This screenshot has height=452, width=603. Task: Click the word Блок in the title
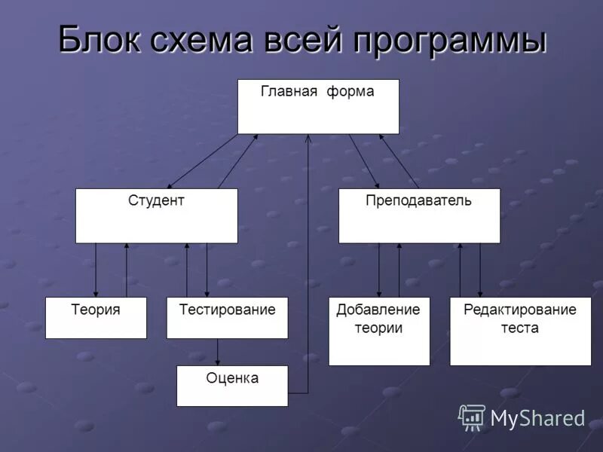click(x=103, y=40)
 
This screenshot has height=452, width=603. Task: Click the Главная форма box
click(x=318, y=106)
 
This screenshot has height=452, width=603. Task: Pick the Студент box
click(x=156, y=215)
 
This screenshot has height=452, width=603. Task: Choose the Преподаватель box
click(x=419, y=215)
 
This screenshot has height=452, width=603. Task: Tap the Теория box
click(x=96, y=317)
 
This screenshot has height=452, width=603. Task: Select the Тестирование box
click(x=227, y=317)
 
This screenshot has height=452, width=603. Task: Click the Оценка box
click(x=232, y=386)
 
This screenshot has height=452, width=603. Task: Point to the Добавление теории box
click(x=379, y=331)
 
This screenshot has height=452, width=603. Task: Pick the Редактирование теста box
click(x=520, y=331)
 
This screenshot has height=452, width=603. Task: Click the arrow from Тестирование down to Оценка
click(x=218, y=352)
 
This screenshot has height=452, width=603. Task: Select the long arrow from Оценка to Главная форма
click(x=308, y=264)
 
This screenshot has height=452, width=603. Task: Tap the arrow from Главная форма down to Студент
click(x=201, y=161)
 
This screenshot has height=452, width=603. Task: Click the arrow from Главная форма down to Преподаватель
click(x=364, y=161)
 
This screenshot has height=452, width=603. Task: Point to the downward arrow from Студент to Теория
click(x=96, y=270)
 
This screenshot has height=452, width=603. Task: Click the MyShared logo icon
click(x=472, y=417)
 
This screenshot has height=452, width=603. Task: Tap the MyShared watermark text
click(x=537, y=418)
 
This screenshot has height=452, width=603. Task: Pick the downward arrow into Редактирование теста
click(x=480, y=270)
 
